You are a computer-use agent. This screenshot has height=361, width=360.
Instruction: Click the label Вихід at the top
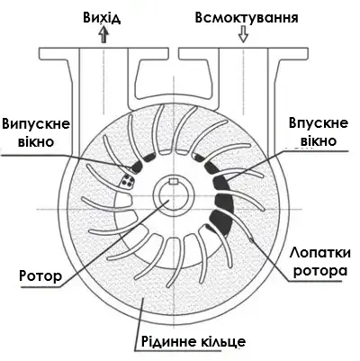click(x=102, y=18)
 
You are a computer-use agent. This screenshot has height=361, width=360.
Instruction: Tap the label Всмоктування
click(x=247, y=18)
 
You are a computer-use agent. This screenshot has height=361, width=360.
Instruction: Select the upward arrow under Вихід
click(x=103, y=34)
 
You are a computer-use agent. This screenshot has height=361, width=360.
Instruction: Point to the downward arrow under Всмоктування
click(x=243, y=34)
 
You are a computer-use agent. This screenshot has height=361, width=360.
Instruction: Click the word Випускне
click(x=36, y=124)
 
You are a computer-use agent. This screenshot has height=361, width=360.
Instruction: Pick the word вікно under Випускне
click(x=36, y=141)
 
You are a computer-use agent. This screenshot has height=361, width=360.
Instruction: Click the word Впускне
click(x=319, y=123)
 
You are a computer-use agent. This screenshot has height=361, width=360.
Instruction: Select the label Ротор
click(x=40, y=275)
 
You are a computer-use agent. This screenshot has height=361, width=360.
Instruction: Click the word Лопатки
click(x=320, y=253)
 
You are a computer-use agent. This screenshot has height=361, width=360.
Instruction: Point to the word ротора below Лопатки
click(x=320, y=271)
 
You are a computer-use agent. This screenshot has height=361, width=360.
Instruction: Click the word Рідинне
click(x=166, y=341)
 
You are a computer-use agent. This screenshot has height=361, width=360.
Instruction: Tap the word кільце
click(x=221, y=341)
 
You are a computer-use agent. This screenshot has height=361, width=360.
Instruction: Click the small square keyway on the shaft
click(x=174, y=181)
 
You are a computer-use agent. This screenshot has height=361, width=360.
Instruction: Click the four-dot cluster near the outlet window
click(x=128, y=181)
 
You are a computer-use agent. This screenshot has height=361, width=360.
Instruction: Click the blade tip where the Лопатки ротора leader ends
click(x=251, y=239)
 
